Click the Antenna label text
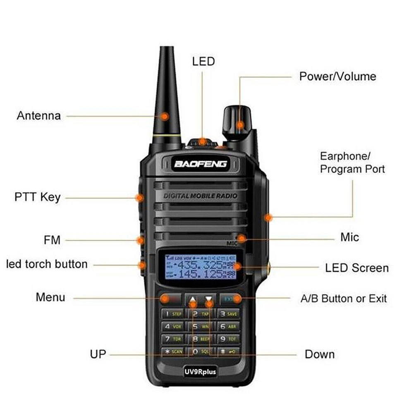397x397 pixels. (38, 115)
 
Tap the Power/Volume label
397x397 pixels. (337, 77)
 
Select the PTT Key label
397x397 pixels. (37, 197)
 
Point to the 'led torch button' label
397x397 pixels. (47, 264)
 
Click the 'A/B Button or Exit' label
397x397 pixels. (343, 298)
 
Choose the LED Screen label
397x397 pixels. (357, 268)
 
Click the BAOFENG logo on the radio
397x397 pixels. (201, 164)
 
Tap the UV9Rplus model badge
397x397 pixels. (201, 371)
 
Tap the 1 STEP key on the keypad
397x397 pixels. (173, 314)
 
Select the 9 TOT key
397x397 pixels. (228, 339)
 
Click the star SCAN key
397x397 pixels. (173, 352)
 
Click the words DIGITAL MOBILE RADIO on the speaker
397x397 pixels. (201, 195)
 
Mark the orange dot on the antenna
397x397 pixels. (165, 116)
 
